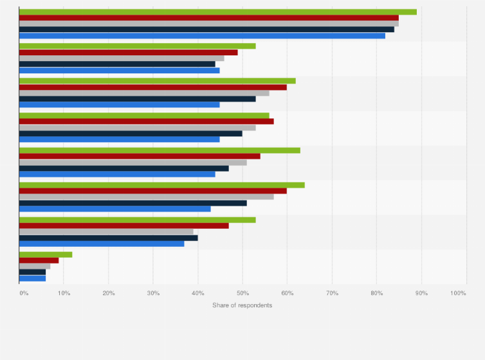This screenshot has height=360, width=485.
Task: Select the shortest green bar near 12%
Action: pyautogui.click(x=46, y=255)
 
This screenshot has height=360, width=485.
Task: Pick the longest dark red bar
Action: pyautogui.click(x=208, y=17)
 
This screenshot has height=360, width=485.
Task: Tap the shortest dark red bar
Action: pyautogui.click(x=39, y=260)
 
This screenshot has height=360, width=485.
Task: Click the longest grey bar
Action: pyautogui.click(x=208, y=23)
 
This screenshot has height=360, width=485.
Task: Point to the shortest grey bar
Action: pyautogui.click(x=35, y=266)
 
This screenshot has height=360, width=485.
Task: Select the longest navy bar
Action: pyautogui.click(x=206, y=29)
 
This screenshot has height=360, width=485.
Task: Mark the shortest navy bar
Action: pyautogui.click(x=32, y=272)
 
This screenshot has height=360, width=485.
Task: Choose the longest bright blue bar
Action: pyautogui.click(x=202, y=35)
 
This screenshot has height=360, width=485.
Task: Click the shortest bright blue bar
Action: pyautogui.click(x=32, y=278)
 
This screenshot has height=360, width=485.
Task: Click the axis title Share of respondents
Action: pyautogui.click(x=242, y=305)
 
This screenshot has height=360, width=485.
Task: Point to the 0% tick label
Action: pyautogui.click(x=24, y=293)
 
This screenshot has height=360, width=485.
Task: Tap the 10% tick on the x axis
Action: pyautogui.click(x=64, y=293)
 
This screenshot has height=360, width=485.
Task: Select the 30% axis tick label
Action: pyautogui.click(x=152, y=293)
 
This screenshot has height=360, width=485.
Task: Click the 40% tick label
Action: pyautogui.click(x=197, y=293)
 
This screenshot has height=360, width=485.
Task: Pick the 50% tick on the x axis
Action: pyautogui.click(x=242, y=293)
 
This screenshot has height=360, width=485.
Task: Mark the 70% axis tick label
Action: pyautogui.click(x=331, y=293)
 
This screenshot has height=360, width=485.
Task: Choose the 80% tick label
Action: pyautogui.click(x=376, y=293)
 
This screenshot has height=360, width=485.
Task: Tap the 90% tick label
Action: pyautogui.click(x=421, y=293)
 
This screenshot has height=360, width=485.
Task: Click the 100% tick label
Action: pyautogui.click(x=458, y=293)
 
